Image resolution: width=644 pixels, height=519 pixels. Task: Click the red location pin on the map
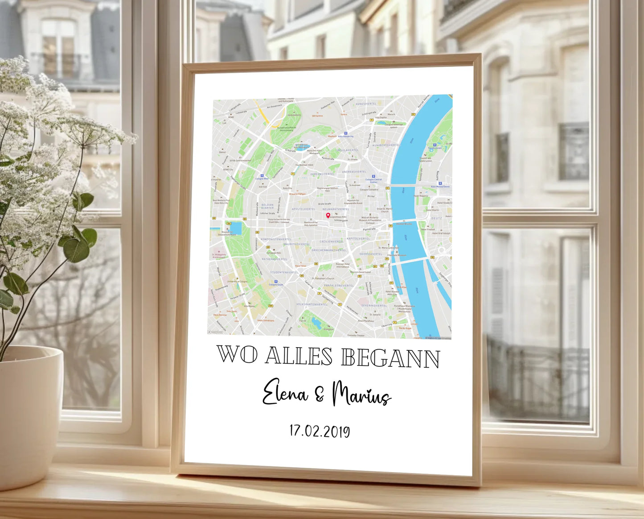pos(328,216)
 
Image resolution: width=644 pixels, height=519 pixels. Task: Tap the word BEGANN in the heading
pos(391,358)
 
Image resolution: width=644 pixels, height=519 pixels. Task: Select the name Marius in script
pos(361,394)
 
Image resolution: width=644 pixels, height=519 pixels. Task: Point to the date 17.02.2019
pos(320,431)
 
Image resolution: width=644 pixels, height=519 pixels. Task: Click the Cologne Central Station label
pos(373,181)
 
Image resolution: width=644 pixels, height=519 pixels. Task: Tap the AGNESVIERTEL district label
pos(366,104)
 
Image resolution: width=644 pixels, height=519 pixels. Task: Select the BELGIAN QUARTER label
pos(267,206)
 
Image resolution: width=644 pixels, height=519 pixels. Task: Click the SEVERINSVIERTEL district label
pos(374,306)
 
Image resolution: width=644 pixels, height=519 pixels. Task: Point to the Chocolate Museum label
pos(397,255)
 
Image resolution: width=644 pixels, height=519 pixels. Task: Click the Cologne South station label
pos(276,284)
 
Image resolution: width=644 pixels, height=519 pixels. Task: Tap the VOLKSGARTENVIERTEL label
pos(312,304)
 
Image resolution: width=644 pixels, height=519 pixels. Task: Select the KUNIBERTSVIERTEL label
pos(386,145)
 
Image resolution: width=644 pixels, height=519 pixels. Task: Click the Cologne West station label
pos(262,179)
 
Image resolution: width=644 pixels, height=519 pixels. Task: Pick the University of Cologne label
pos(237,282)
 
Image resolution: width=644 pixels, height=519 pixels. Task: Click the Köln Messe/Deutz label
pos(440,187)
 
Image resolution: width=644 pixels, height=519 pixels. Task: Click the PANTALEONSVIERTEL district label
pos(339,286)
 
